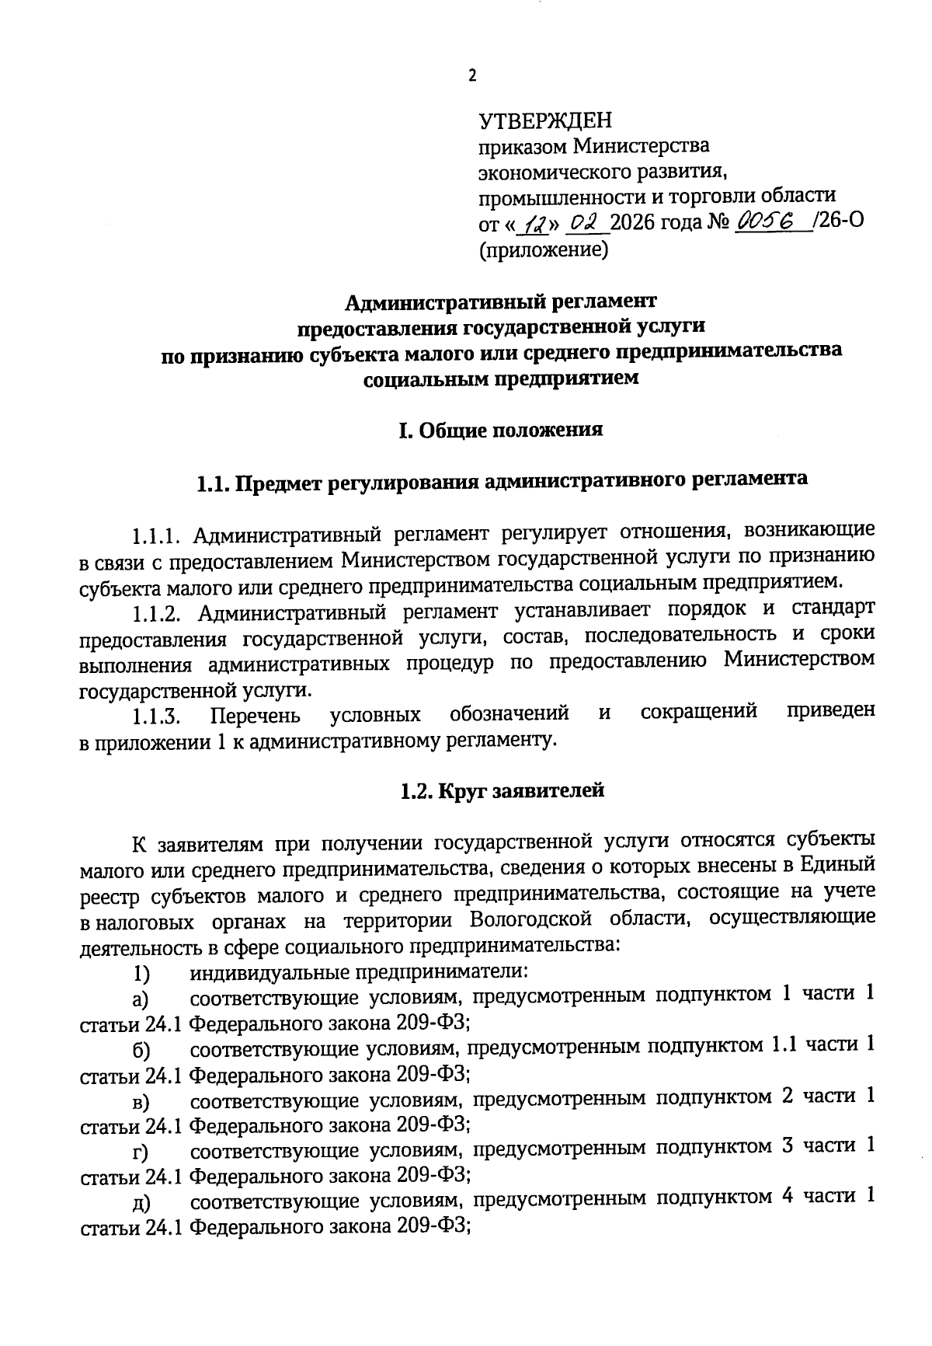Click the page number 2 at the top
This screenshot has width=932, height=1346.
tap(471, 75)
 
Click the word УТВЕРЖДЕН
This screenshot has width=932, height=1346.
tap(545, 120)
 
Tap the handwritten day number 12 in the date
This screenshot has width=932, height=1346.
tap(535, 224)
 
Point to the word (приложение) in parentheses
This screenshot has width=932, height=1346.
tap(542, 250)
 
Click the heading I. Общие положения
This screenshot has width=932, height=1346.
tap(500, 431)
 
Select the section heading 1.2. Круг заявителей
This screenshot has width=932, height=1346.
tap(502, 791)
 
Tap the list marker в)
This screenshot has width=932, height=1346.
tap(141, 1101)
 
